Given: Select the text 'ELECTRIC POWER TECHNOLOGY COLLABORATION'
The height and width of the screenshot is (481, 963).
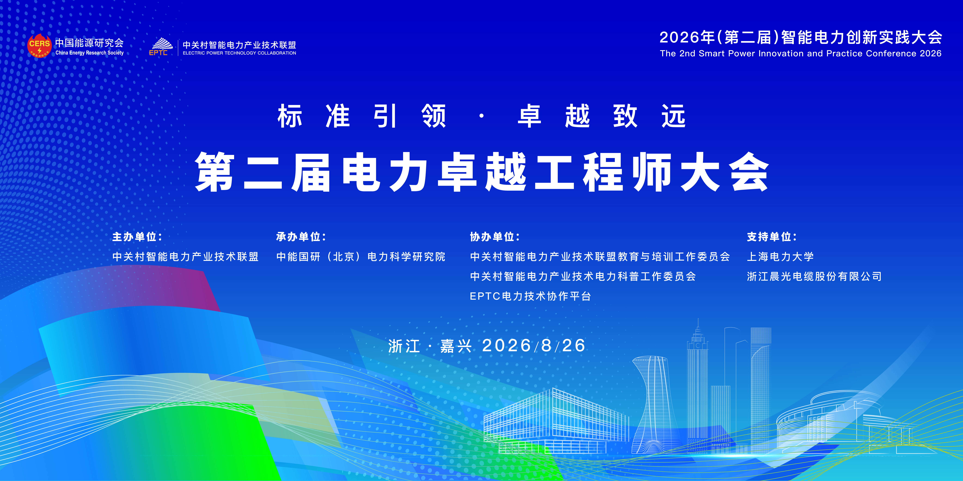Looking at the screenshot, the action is [x=239, y=53].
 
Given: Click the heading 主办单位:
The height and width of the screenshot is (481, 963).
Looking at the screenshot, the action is [x=137, y=237].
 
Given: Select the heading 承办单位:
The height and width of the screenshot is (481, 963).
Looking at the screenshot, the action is [x=301, y=237].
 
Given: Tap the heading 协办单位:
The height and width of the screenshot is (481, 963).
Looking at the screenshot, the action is [x=495, y=237].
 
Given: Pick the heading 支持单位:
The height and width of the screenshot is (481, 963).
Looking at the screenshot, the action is [x=772, y=237].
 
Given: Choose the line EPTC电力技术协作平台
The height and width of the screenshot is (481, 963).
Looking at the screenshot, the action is [x=530, y=296].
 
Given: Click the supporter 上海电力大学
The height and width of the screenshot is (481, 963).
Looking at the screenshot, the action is [x=780, y=257].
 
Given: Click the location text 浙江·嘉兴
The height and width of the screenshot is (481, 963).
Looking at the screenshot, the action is [x=430, y=346].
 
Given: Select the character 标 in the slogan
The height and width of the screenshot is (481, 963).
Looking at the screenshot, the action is [x=290, y=116].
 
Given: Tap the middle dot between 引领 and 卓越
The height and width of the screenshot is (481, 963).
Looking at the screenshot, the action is [x=481, y=116].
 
